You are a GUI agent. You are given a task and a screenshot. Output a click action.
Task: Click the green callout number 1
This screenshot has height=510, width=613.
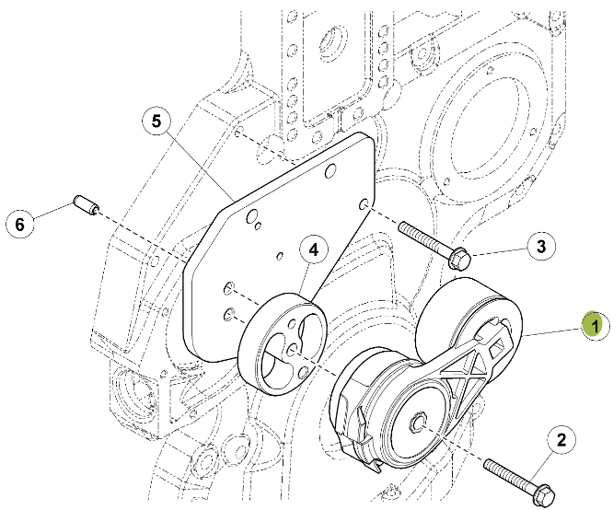[595, 324]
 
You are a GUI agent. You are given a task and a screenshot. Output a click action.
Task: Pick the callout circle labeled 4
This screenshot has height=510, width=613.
[313, 249]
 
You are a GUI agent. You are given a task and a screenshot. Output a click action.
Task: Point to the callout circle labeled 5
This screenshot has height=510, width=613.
[156, 120]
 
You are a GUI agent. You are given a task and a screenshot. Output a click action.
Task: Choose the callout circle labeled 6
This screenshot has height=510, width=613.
[21, 222]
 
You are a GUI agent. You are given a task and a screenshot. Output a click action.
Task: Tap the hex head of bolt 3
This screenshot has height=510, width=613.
[457, 255]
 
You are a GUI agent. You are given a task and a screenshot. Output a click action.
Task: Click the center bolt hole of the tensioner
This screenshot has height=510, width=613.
[417, 423]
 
